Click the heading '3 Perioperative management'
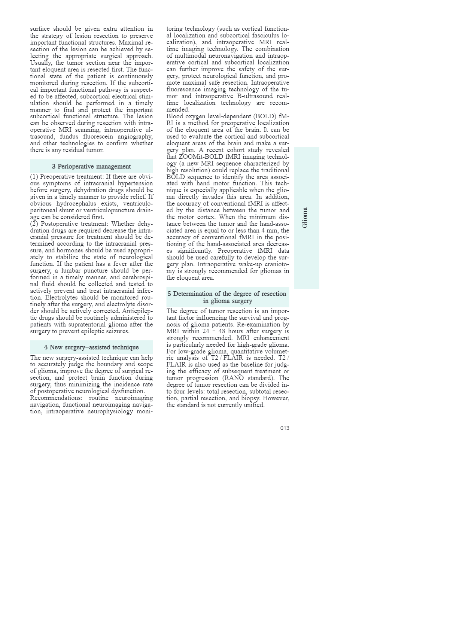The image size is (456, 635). point(91,167)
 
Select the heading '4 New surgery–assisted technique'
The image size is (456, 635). point(91,347)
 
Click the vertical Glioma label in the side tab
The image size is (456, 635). point(305,218)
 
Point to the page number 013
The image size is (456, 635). point(285,428)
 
